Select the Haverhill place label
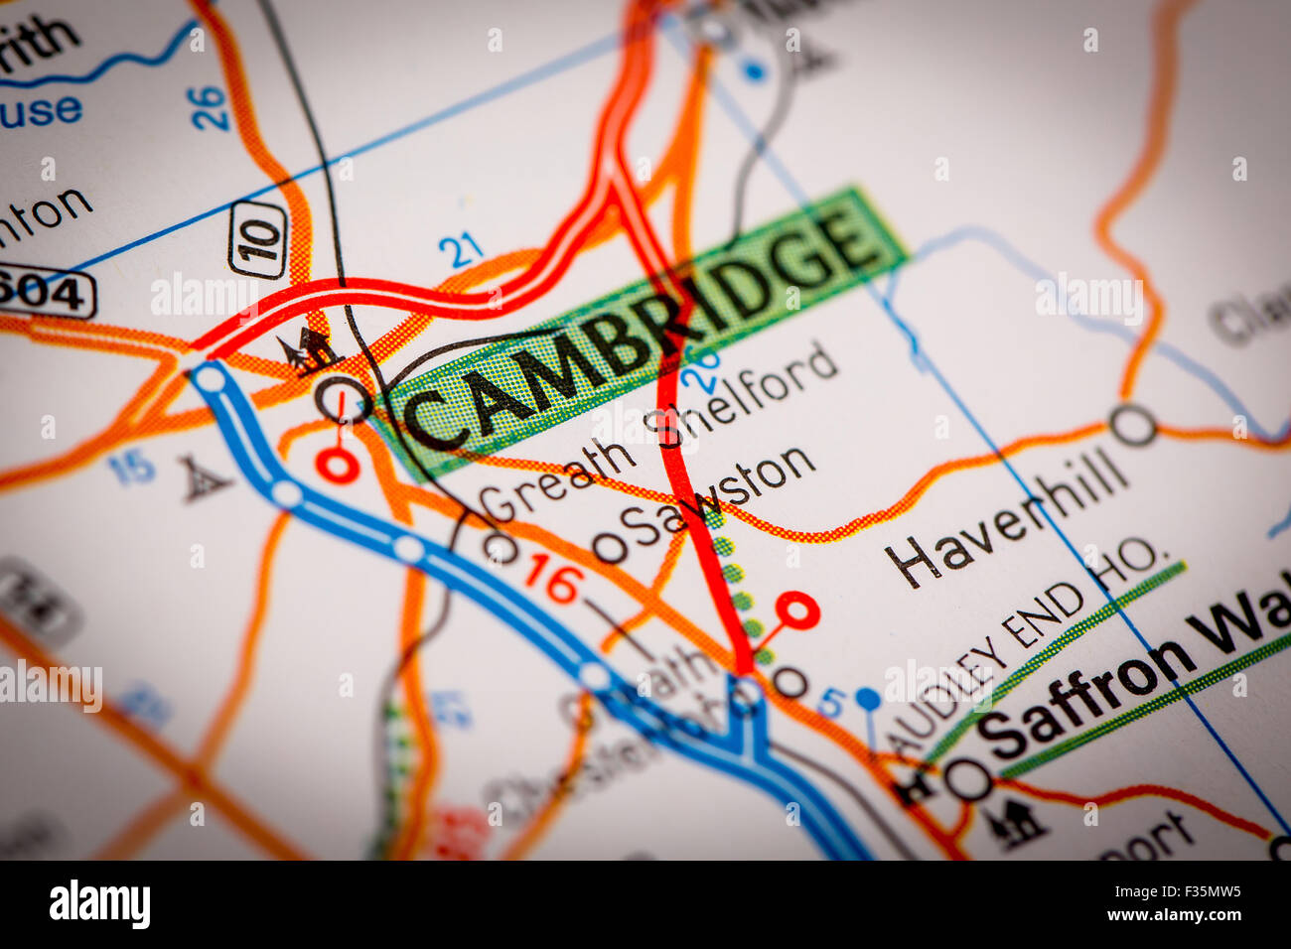coord(1008,525)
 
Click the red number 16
coord(552,578)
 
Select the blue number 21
coord(461,250)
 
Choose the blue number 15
coord(132,467)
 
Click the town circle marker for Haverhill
coord(1133,425)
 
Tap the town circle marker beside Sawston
coord(610,547)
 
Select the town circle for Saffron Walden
coord(967,779)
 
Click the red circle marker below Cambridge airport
coord(337,465)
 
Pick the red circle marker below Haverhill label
coord(797,610)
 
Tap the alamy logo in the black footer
coord(100,904)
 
